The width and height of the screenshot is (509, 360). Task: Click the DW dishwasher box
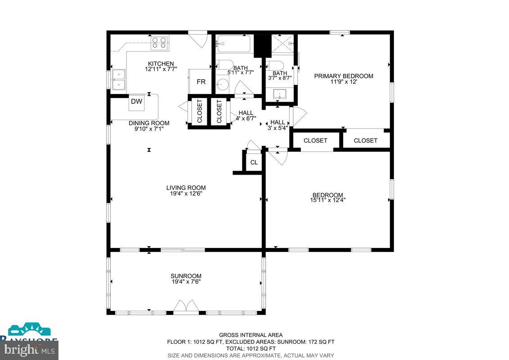coord(137,102)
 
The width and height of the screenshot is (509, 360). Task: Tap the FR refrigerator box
coord(201,82)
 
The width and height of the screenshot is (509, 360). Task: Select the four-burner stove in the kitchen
coord(159,43)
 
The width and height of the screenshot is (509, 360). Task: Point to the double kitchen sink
coord(119,79)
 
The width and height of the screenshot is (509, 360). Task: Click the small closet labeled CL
coord(254,162)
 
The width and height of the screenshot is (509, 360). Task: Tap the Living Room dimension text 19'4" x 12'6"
coord(186,194)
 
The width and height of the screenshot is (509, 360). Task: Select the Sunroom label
coord(186,276)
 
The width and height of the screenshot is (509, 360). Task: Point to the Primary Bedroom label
coord(344,76)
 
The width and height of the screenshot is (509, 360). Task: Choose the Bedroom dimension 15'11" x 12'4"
coord(328,200)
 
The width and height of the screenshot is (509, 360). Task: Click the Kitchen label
coord(161,63)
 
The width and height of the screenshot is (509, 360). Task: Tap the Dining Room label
coord(149,123)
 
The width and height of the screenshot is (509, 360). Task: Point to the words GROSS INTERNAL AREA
coord(251,335)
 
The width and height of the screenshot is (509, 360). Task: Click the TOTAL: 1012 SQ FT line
coord(251,348)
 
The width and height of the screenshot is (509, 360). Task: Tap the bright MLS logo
coord(28,349)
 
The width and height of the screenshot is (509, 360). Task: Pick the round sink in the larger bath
coord(222,84)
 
